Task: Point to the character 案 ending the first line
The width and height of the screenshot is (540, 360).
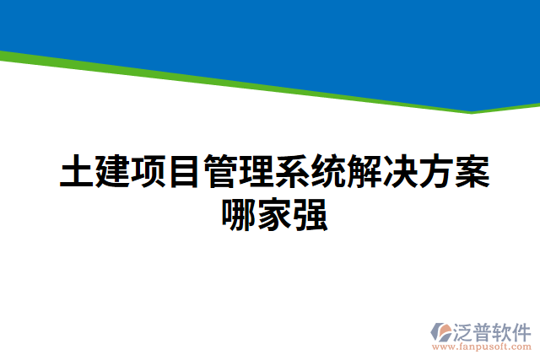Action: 470,173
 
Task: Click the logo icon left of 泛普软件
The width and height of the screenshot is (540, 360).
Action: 443,332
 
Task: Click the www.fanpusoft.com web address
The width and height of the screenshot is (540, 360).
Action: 483,346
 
